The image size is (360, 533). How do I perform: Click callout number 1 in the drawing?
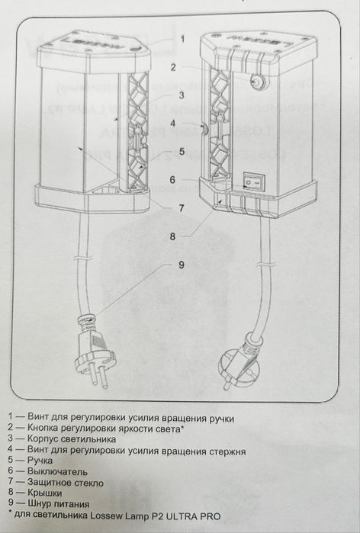point(182,37)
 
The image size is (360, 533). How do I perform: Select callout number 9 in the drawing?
point(182,265)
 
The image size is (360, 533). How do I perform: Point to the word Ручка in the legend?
point(40,461)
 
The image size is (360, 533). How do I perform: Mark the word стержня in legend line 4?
point(225,450)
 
